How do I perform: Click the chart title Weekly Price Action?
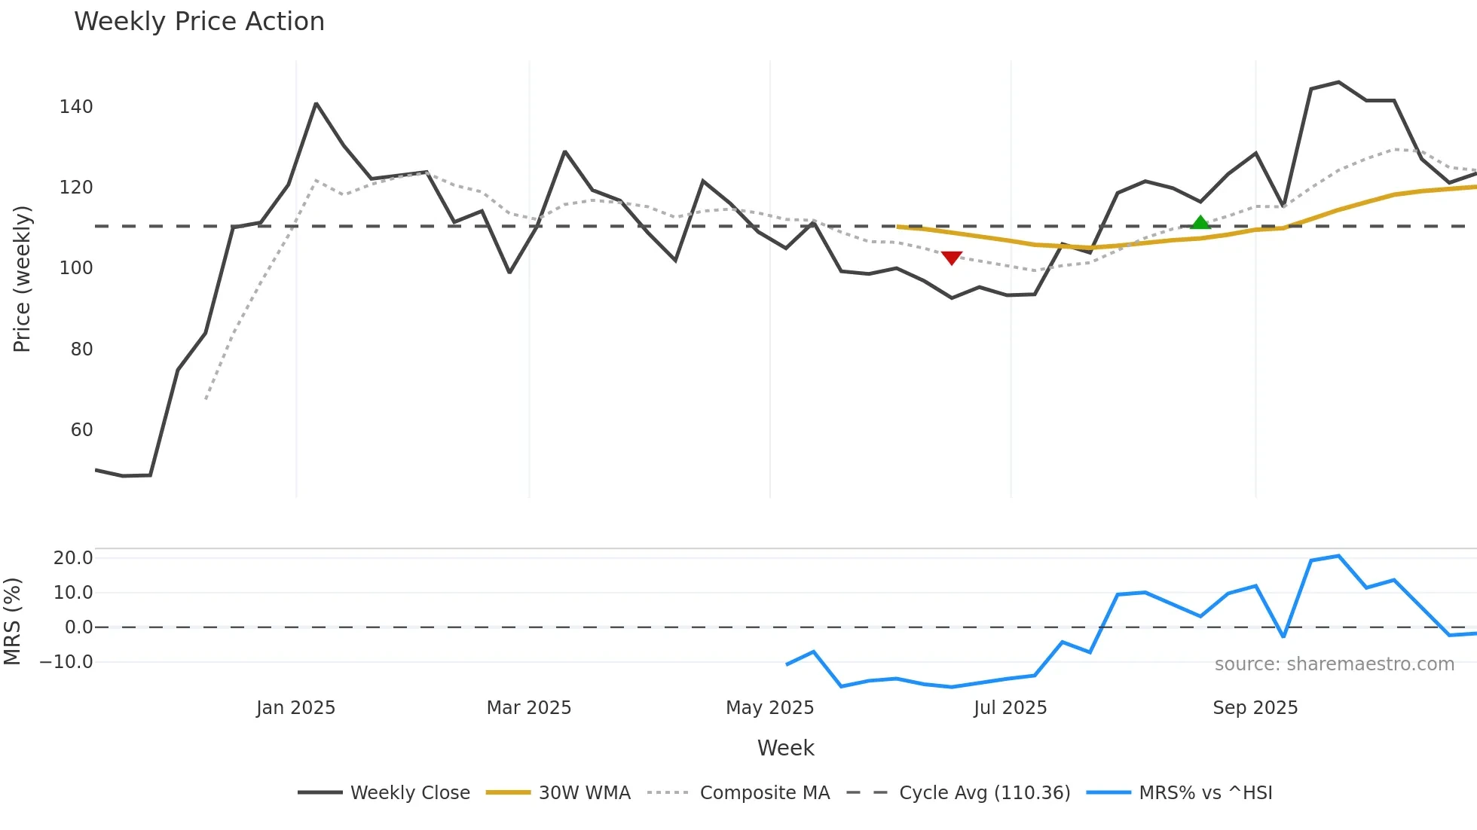coord(199,22)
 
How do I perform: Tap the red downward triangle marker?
coord(952,258)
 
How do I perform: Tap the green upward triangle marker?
coord(1200,222)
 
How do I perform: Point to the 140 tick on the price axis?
coord(76,107)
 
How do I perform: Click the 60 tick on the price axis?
coord(81,430)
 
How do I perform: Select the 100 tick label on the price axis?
coord(76,268)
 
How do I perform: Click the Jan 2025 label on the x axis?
coord(295,708)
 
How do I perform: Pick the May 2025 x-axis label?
coord(769,708)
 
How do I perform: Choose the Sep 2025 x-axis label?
coord(1255,708)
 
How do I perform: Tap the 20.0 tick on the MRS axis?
coord(73,558)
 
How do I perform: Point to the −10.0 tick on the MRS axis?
coord(66,662)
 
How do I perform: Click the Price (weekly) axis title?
coord(22,279)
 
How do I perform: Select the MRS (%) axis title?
coord(12,621)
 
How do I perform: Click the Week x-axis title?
coord(785,748)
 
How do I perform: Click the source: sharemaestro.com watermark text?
coord(1334,664)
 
